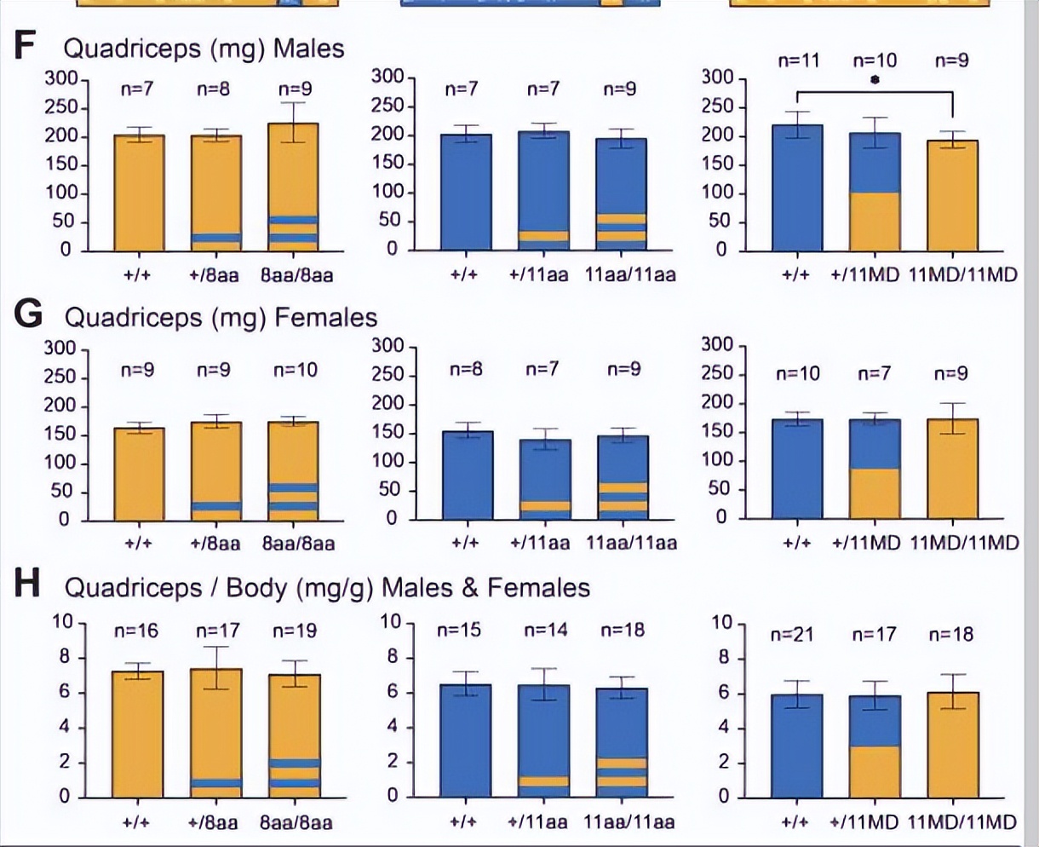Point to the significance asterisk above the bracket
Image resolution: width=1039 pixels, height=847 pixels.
(x=875, y=81)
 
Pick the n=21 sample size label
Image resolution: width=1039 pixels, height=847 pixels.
(x=793, y=634)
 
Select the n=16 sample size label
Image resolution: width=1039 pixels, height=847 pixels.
(x=137, y=631)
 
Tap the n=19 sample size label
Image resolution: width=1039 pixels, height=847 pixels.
(x=295, y=631)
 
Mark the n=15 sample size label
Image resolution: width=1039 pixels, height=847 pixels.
(x=459, y=630)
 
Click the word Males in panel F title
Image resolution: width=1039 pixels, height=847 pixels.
(x=308, y=49)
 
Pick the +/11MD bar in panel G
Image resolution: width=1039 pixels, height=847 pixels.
(x=875, y=469)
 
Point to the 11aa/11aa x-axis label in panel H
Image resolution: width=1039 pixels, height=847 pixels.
(x=629, y=822)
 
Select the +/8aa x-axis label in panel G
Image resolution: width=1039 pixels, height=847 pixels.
(x=215, y=543)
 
